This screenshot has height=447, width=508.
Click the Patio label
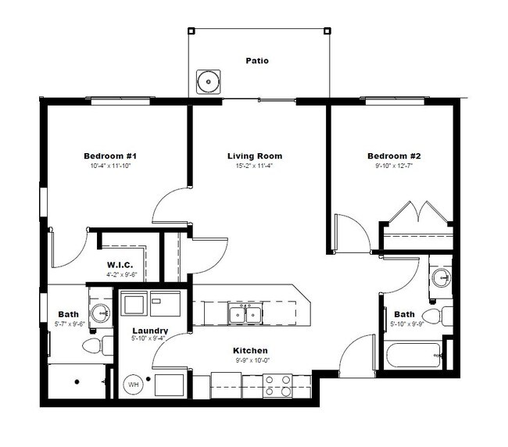[257, 60]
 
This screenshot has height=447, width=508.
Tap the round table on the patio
[207, 80]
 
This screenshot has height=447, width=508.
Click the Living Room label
[255, 156]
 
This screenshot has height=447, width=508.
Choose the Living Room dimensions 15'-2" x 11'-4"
[255, 166]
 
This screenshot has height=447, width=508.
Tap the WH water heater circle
[133, 385]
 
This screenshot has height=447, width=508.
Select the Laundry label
[150, 331]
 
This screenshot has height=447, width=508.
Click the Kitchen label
[251, 350]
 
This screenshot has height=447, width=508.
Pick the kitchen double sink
[245, 314]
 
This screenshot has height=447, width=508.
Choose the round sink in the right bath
[440, 278]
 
